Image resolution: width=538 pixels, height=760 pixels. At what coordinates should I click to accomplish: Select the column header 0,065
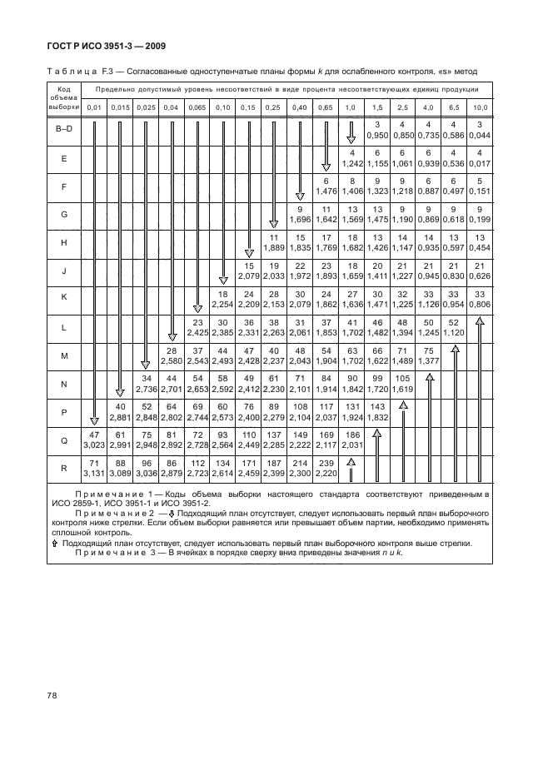click(197, 107)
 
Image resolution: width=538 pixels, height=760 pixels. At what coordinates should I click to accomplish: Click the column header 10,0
click(481, 107)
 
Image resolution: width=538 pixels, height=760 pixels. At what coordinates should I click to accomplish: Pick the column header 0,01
click(94, 107)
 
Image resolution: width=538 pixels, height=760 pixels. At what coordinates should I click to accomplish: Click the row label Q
click(63, 440)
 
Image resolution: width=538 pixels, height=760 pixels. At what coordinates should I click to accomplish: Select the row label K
click(63, 298)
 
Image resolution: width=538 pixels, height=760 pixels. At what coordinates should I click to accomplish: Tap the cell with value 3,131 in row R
click(94, 473)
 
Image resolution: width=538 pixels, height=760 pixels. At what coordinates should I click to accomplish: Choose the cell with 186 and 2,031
click(351, 440)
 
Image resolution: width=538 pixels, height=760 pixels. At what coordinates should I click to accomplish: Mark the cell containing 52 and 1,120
click(455, 326)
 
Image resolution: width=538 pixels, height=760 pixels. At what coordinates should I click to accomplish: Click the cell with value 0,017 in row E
click(481, 162)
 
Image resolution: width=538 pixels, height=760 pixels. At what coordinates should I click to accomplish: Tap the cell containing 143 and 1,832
click(377, 411)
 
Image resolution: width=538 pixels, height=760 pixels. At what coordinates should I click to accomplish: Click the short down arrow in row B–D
click(351, 130)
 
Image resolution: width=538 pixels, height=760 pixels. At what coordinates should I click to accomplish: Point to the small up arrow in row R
click(351, 463)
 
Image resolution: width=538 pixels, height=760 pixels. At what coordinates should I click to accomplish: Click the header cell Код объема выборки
click(63, 97)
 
